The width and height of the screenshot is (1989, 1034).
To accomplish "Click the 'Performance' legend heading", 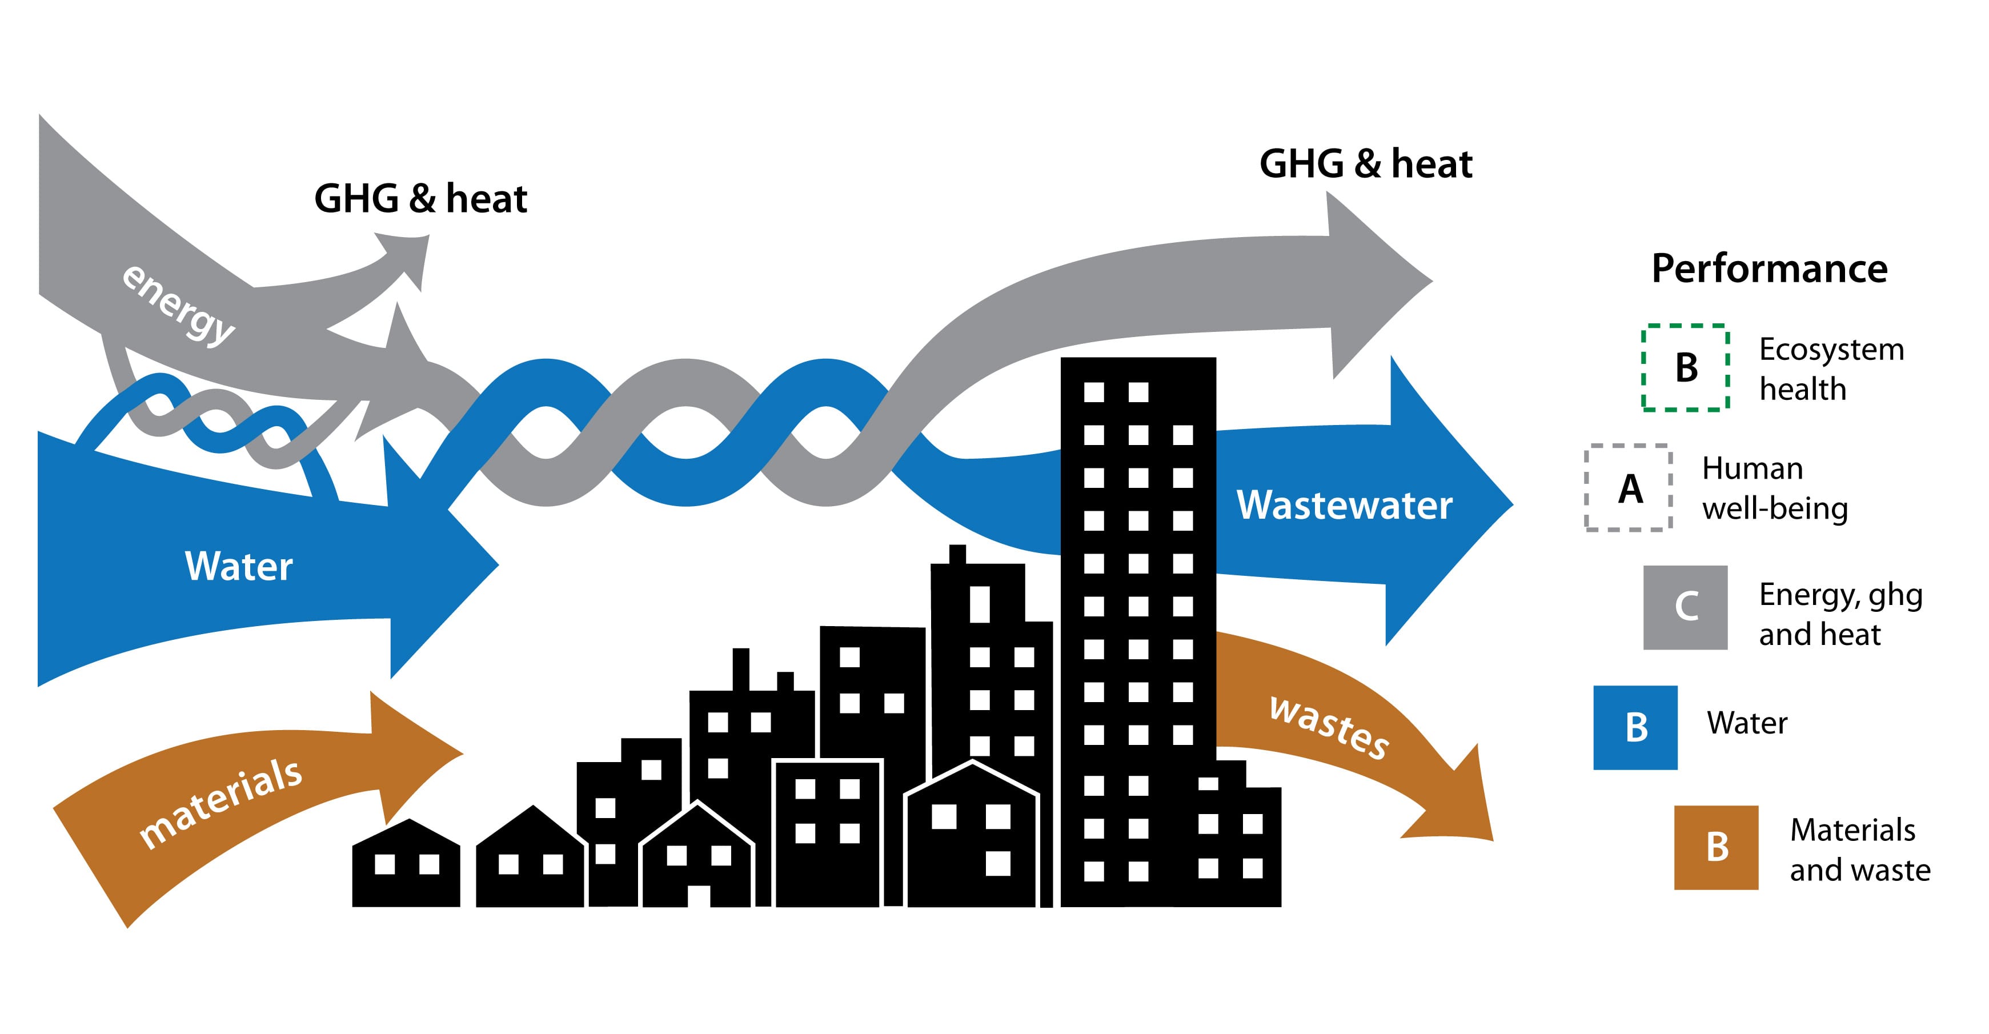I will [1769, 268].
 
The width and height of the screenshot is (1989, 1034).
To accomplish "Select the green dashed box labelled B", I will [1685, 367].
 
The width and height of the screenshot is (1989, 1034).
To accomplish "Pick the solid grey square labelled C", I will [1685, 607].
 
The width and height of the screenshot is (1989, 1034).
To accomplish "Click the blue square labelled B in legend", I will [1635, 727].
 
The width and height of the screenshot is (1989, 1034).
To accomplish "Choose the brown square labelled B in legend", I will [1715, 847].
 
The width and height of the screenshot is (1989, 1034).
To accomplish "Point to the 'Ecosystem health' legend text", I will [1831, 369].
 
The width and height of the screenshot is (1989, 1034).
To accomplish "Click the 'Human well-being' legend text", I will [1774, 488].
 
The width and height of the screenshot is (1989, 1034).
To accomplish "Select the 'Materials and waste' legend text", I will [1859, 849].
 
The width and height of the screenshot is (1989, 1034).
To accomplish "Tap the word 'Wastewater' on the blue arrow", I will [1344, 505].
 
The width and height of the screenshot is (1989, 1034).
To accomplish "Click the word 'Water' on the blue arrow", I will [239, 566].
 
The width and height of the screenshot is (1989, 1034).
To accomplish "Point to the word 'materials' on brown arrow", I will [220, 803].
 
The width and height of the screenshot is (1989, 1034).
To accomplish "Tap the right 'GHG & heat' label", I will [1365, 164].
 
